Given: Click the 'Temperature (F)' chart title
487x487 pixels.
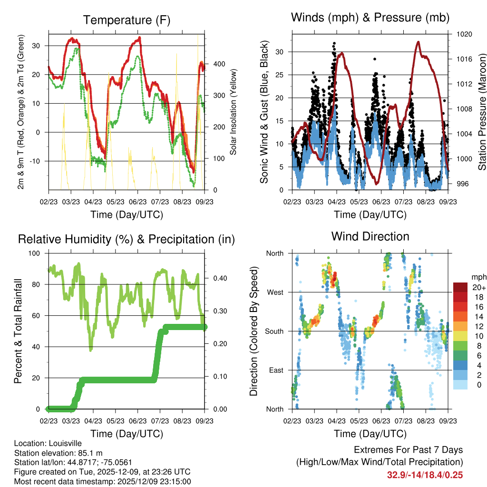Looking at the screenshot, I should [x=127, y=20].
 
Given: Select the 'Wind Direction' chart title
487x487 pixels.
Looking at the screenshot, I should [x=370, y=236].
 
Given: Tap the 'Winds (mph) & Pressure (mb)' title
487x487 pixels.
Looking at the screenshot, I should [x=370, y=18].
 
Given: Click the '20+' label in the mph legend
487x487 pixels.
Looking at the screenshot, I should [x=478, y=287].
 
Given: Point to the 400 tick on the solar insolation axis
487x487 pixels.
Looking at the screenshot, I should [x=215, y=64].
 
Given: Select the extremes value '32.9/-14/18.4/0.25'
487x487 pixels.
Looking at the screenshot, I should [x=425, y=475].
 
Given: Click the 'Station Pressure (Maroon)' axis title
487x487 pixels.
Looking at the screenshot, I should [x=482, y=112].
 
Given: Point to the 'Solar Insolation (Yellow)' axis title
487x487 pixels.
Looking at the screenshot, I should [x=234, y=112].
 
